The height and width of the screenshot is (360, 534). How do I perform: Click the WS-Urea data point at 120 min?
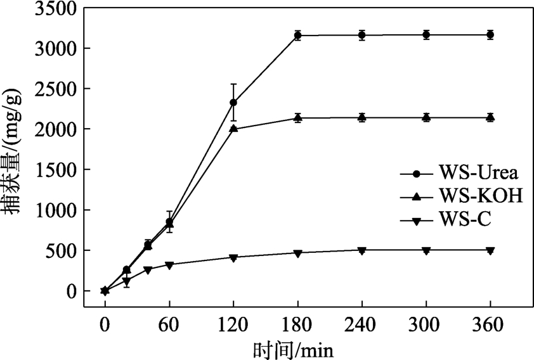point(233,102)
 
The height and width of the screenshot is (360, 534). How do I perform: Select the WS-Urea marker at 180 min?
point(297,35)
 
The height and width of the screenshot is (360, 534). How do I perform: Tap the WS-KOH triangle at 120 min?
point(233,128)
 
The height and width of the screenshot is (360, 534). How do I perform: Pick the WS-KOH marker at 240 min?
point(361,117)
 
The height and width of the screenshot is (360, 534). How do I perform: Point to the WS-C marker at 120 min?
point(233,257)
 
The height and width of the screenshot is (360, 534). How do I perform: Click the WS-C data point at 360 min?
point(490,250)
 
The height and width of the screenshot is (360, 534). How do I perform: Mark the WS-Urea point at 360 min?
point(490,35)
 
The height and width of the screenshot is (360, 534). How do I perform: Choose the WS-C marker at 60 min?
point(169,265)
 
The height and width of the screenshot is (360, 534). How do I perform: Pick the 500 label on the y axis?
point(61,250)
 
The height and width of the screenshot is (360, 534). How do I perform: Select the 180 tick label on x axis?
point(297,325)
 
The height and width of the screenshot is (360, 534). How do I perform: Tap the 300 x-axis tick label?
point(426,325)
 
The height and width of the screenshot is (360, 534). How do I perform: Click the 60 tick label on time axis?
point(169,325)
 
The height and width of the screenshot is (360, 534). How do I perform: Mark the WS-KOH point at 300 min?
point(426,117)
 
